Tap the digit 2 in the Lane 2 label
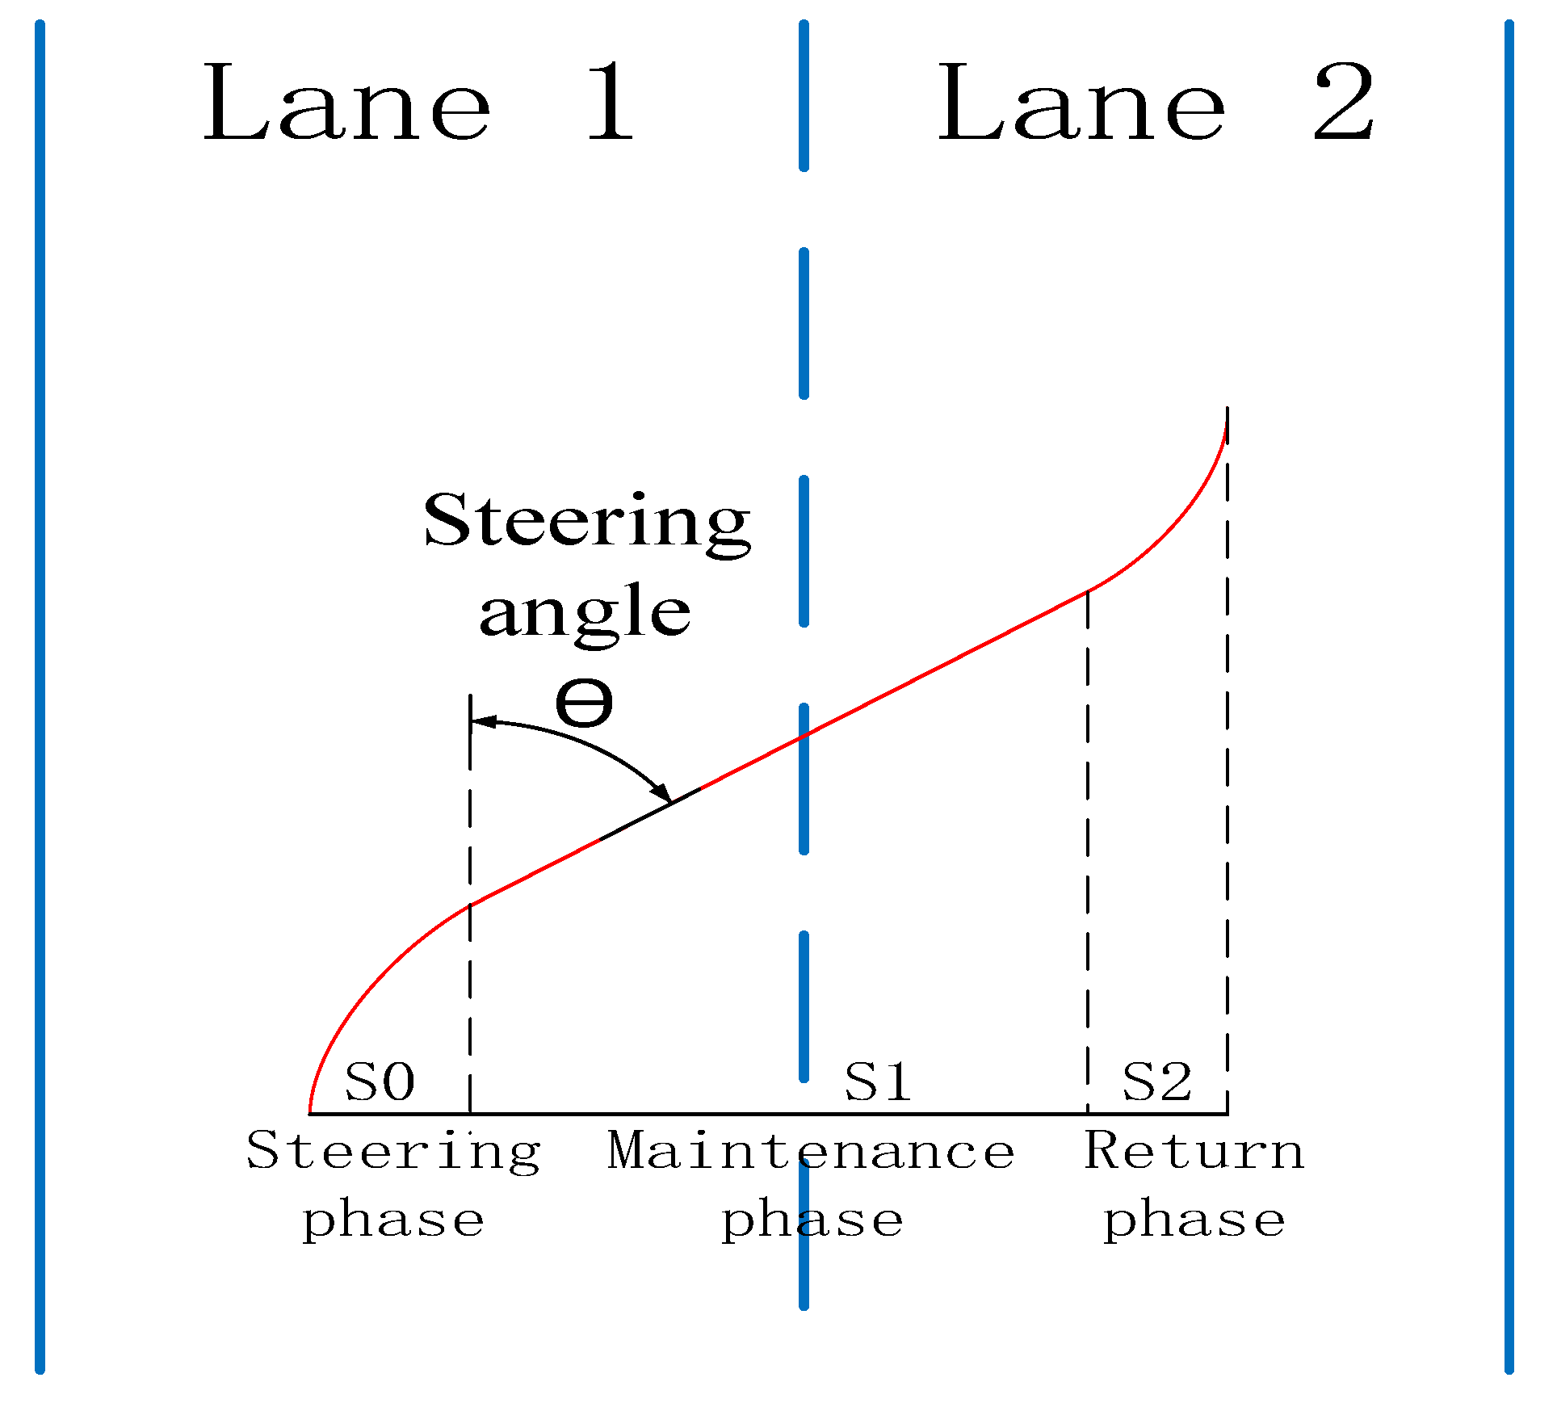pyautogui.click(x=1344, y=103)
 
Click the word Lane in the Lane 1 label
pyautogui.click(x=347, y=103)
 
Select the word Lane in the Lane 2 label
pyautogui.click(x=1082, y=103)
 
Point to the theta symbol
pyautogui.click(x=584, y=703)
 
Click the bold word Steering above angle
pyautogui.click(x=587, y=522)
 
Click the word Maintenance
pyautogui.click(x=811, y=1150)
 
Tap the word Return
pyautogui.click(x=1194, y=1150)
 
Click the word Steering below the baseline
pyautogui.click(x=393, y=1152)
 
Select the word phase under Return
pyautogui.click(x=1194, y=1221)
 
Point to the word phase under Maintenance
pyautogui.click(x=812, y=1221)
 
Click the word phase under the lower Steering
pyautogui.click(x=393, y=1221)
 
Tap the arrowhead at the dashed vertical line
pyautogui.click(x=481, y=720)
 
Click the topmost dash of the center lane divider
pyautogui.click(x=804, y=95)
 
